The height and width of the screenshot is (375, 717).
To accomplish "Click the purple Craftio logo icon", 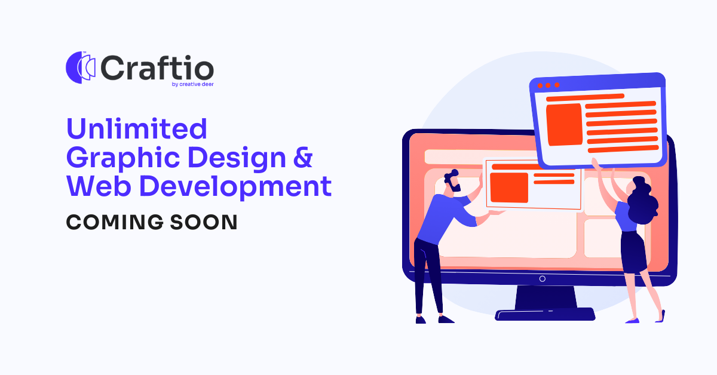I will (x=81, y=67).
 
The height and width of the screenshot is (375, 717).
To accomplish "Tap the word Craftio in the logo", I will (x=157, y=67).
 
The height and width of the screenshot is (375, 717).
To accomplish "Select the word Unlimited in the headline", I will (x=137, y=128).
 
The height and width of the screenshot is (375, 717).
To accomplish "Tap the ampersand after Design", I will (x=304, y=158).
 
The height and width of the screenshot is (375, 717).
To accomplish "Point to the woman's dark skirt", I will (x=633, y=251).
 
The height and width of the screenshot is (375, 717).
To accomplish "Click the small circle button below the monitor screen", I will (x=542, y=279).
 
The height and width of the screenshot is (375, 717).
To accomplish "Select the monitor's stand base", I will (x=545, y=313).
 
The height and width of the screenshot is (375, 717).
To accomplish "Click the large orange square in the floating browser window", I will (x=564, y=124).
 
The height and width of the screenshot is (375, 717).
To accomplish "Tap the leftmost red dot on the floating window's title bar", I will (x=540, y=86).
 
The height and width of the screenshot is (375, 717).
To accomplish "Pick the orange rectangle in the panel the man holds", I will (x=508, y=187).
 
